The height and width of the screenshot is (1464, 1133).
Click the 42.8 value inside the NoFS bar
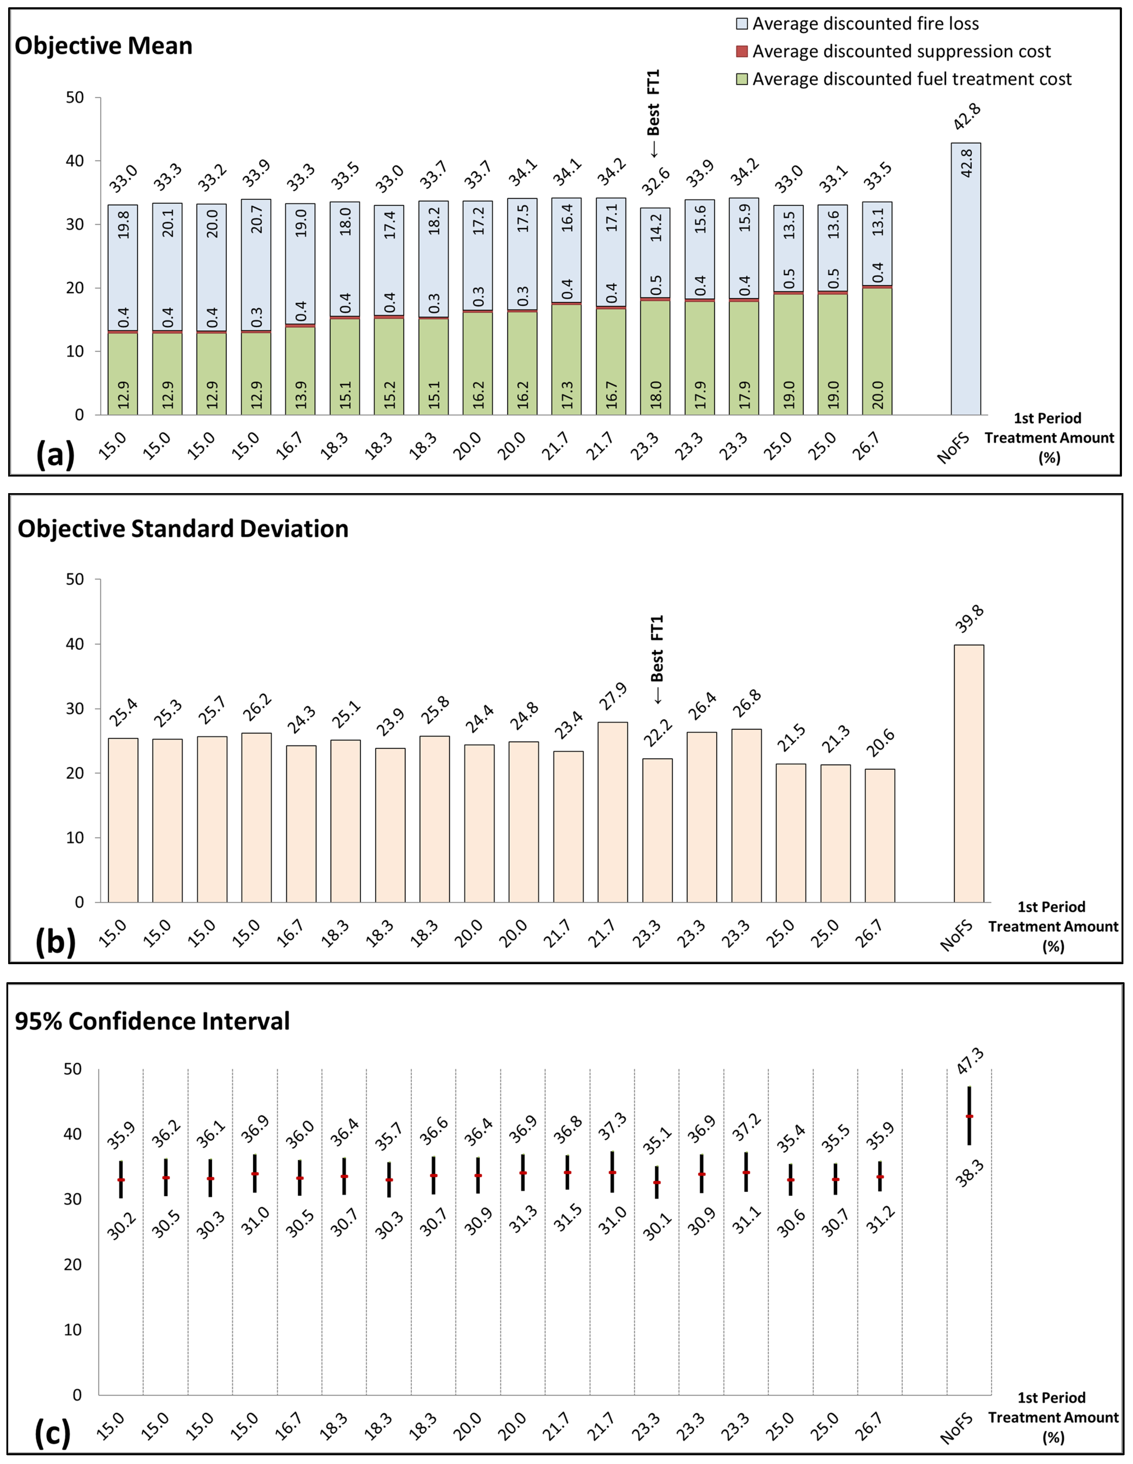click(966, 163)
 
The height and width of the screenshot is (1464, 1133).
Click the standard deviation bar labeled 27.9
click(613, 811)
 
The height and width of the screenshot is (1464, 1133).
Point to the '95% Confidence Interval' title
click(152, 1021)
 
